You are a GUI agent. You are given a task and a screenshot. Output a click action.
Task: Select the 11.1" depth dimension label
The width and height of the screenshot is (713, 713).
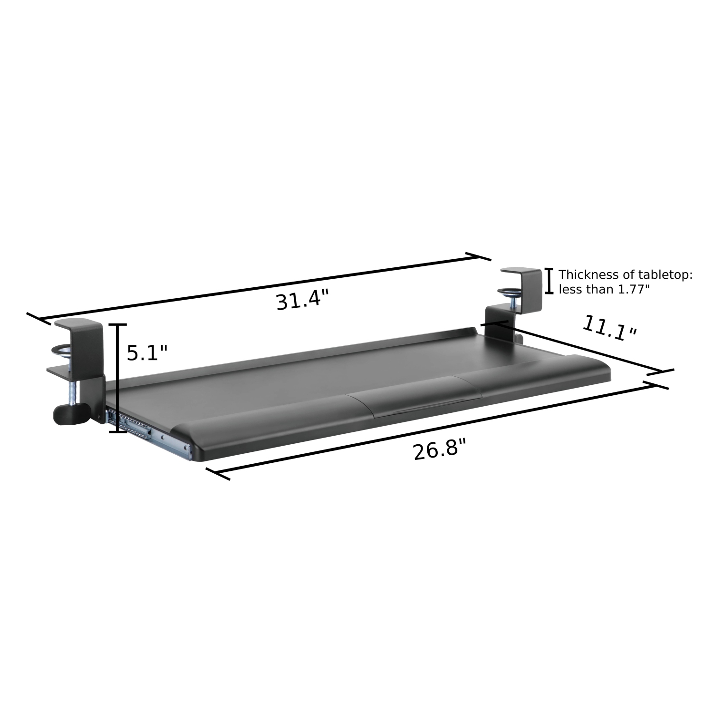(609, 328)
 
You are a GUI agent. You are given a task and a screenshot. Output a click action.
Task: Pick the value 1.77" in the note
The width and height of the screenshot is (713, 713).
(632, 289)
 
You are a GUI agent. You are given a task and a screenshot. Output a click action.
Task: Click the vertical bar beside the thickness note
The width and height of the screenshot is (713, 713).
(549, 281)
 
